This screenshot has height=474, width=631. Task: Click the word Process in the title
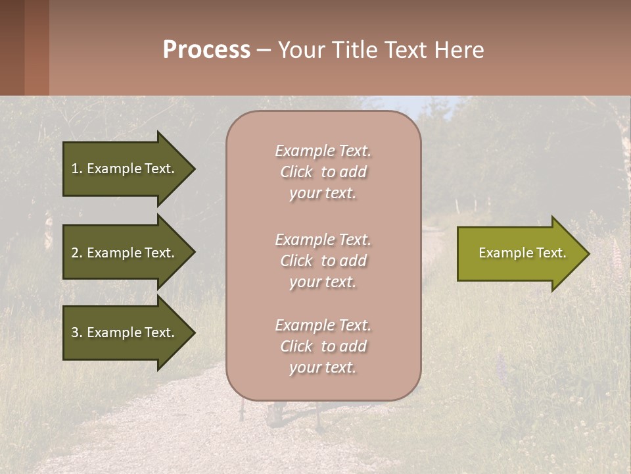coord(206,50)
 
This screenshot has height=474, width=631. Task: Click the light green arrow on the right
coord(519,253)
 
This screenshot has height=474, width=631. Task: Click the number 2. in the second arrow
coord(76,253)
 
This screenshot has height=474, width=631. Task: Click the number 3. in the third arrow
coord(76,332)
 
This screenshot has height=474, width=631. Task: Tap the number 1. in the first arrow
coord(76,169)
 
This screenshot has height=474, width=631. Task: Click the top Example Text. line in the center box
coord(323,151)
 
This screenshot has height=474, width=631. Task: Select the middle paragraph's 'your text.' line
coord(323,282)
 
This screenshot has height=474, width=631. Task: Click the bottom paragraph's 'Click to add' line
coord(323,346)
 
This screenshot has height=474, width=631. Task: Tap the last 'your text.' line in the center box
coord(323,367)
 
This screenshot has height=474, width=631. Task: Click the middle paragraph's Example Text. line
coord(323,240)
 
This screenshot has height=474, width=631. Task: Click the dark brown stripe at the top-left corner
coord(12,47)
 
